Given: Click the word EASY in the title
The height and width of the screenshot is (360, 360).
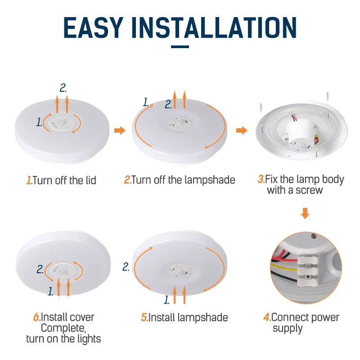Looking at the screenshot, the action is pyautogui.click(x=93, y=27).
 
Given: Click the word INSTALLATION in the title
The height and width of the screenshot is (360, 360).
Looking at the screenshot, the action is pyautogui.click(x=214, y=27).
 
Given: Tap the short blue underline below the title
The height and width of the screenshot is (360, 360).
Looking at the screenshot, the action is pyautogui.click(x=180, y=47).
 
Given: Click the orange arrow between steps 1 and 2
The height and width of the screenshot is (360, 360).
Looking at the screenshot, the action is pyautogui.click(x=120, y=130).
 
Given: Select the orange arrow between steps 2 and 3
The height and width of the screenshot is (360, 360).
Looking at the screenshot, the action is pyautogui.click(x=242, y=130).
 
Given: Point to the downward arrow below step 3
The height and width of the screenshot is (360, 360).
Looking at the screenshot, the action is pyautogui.click(x=305, y=213).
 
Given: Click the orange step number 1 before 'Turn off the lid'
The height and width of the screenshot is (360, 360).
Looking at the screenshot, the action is pyautogui.click(x=29, y=180).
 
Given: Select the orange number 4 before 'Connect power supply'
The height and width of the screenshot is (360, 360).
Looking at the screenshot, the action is pyautogui.click(x=267, y=317).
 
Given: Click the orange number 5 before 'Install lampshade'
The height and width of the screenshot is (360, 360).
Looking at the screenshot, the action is pyautogui.click(x=144, y=318).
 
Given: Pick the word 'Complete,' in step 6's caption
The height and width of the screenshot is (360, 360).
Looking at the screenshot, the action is pyautogui.click(x=63, y=328).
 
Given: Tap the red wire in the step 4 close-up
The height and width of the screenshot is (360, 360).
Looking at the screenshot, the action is pyautogui.click(x=284, y=260).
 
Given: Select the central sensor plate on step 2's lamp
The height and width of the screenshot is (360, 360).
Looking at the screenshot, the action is pyautogui.click(x=180, y=122).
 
